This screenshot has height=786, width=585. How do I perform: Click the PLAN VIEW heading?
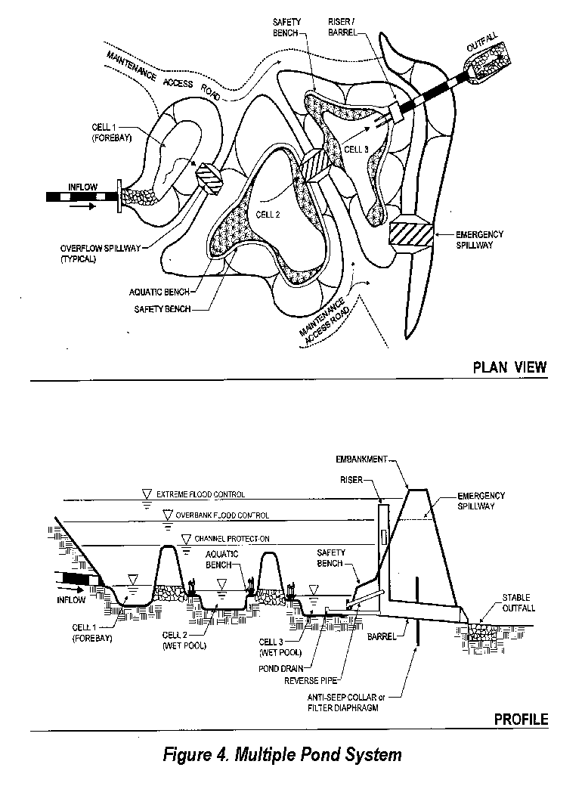(x=509, y=368)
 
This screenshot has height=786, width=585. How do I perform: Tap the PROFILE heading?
(x=521, y=719)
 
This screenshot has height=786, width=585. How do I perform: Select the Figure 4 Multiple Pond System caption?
(x=282, y=754)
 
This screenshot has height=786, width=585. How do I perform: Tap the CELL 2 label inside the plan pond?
(x=268, y=215)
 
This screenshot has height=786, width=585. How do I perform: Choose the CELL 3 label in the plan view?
(x=356, y=150)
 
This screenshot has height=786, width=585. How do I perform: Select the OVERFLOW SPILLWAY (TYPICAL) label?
(x=97, y=253)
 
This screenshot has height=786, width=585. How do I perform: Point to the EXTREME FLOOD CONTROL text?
(x=200, y=494)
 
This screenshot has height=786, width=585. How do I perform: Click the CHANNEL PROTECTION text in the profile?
(x=232, y=539)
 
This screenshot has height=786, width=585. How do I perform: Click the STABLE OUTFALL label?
(x=519, y=602)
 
